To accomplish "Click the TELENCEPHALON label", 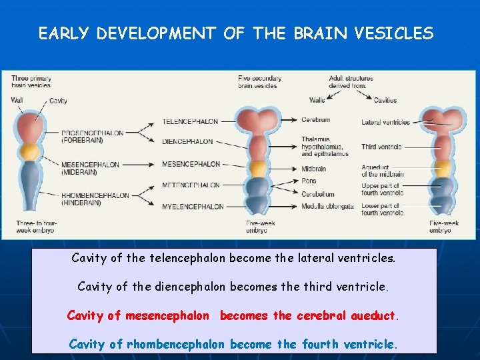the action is tap(191, 122).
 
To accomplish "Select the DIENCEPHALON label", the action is tap(188, 141).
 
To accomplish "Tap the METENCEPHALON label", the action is tap(191, 185).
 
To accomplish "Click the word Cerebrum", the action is tap(315, 120).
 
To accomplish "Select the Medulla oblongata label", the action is tap(327, 207).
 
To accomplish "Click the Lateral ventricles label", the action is tap(386, 123).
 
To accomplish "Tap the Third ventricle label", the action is tap(382, 147).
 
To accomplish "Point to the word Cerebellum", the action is tap(318, 194).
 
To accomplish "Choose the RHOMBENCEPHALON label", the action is tap(95, 195).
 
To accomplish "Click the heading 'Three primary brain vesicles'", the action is tap(31, 81).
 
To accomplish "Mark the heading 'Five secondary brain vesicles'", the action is tap(259, 81).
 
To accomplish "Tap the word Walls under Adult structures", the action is tap(317, 101).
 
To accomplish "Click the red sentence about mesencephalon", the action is tap(233, 315).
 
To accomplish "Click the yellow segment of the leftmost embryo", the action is tap(29, 153).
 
